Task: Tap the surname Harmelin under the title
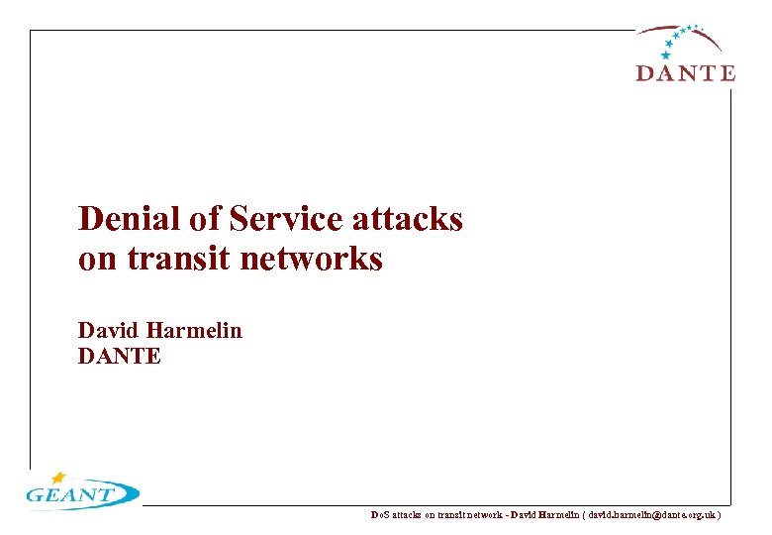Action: [195, 330]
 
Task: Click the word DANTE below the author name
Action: [119, 356]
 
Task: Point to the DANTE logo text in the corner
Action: [685, 73]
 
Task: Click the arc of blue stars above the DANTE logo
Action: [680, 38]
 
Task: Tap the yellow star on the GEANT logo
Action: [59, 478]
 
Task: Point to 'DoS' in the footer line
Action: [379, 515]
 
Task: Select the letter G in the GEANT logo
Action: [36, 496]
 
